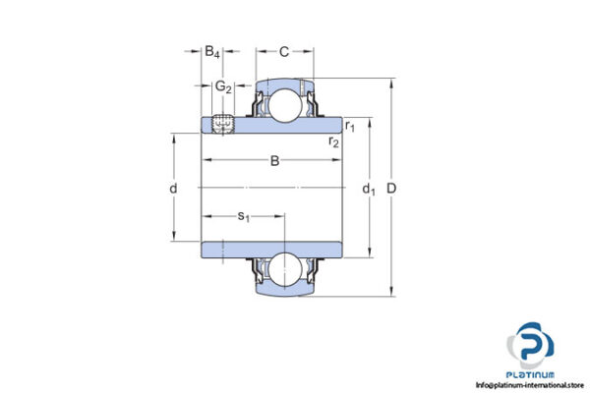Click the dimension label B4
pyautogui.click(x=212, y=51)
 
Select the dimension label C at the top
pyautogui.click(x=283, y=51)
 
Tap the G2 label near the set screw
pyautogui.click(x=224, y=87)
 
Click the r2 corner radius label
pyautogui.click(x=334, y=142)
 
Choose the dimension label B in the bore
pyautogui.click(x=274, y=161)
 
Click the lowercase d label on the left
pyautogui.click(x=172, y=188)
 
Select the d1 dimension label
pyautogui.click(x=369, y=188)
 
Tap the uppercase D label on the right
pyautogui.click(x=393, y=188)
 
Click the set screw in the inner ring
pyautogui.click(x=222, y=125)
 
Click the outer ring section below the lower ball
pyautogui.click(x=286, y=288)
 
